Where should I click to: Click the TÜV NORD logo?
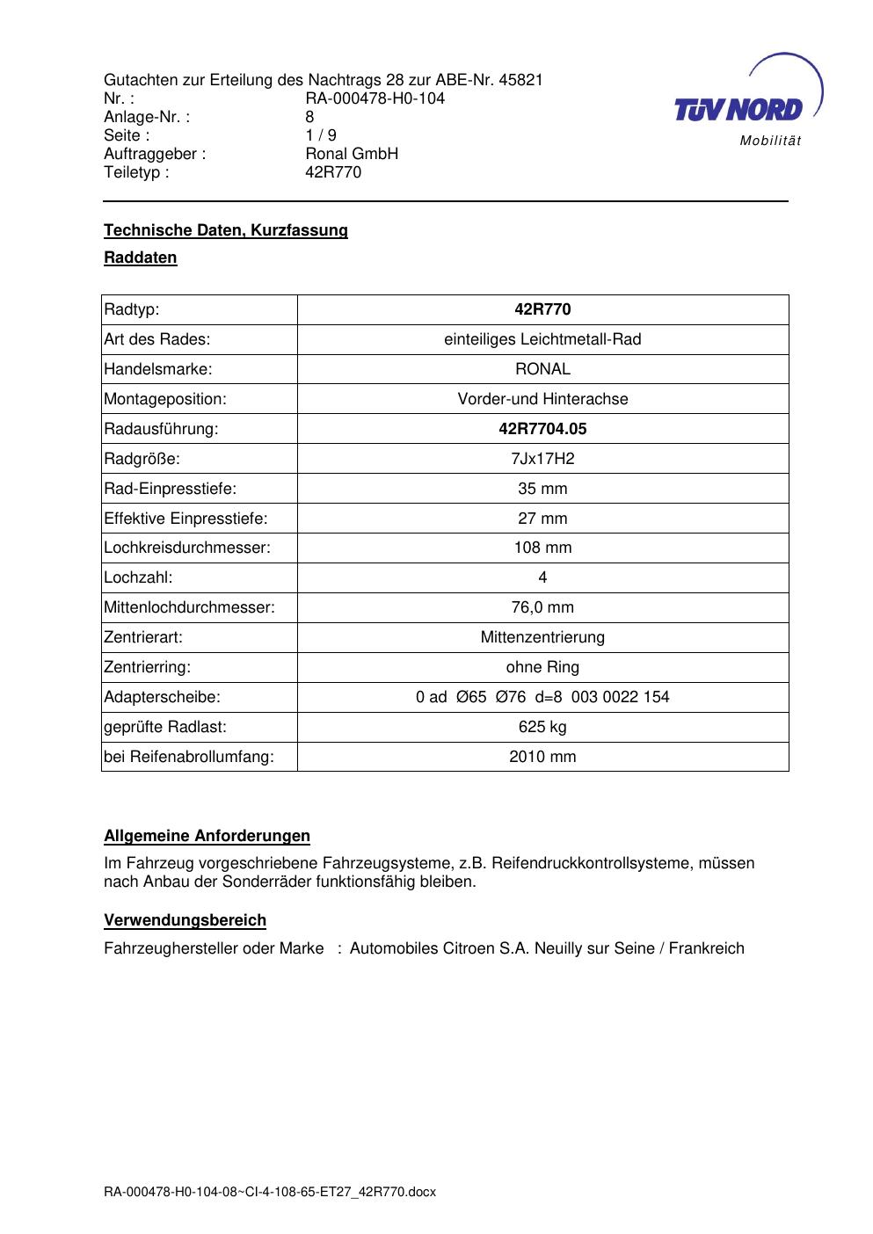click(x=738, y=110)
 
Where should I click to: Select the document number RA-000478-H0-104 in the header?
click(x=375, y=98)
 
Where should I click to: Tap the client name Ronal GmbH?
click(x=352, y=154)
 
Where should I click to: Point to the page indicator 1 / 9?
click(x=320, y=135)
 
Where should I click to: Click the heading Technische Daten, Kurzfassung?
click(x=226, y=230)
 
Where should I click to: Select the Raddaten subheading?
click(x=141, y=258)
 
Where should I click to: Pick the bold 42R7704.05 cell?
click(x=542, y=429)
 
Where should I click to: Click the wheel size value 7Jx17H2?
click(x=542, y=459)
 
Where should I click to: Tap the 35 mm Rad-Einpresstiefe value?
click(x=542, y=489)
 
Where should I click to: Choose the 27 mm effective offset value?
click(x=542, y=519)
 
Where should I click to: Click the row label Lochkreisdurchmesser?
click(x=187, y=548)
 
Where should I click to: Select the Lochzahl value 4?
click(x=542, y=577)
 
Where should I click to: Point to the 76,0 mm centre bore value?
click(x=542, y=607)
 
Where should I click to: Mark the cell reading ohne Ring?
click(x=542, y=667)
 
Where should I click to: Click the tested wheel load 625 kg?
click(x=542, y=727)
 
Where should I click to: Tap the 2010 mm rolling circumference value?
click(x=542, y=757)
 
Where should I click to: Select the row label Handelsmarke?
click(x=158, y=369)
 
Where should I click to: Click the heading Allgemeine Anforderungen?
click(x=207, y=836)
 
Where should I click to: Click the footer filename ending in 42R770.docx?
click(x=270, y=1192)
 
